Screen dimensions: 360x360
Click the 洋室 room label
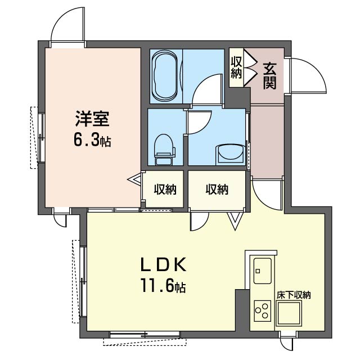point(92,119)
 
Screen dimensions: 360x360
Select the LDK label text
point(163,265)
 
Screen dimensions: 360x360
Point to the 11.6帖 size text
point(163,286)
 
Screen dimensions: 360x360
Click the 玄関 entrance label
point(269,76)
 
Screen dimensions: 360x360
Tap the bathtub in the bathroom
point(165,76)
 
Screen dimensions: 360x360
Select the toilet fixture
point(164,150)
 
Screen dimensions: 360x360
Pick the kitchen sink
point(263,271)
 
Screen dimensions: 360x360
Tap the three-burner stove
point(263,311)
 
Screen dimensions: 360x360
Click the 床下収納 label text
point(294,295)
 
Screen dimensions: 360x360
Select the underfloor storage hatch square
point(289,314)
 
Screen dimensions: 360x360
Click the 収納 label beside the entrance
point(236,67)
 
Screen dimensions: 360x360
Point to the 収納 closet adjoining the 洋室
point(165,190)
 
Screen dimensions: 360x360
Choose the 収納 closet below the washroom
point(217,190)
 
